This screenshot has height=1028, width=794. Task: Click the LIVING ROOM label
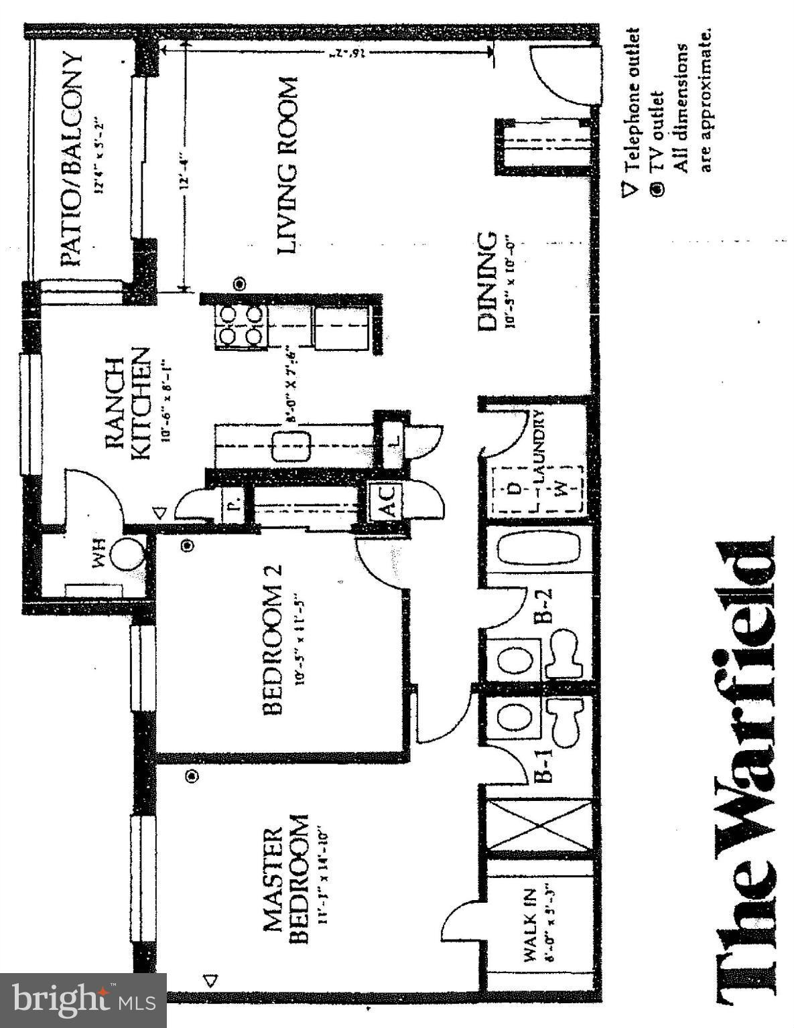(x=287, y=165)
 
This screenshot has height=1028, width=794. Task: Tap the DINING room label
(x=488, y=281)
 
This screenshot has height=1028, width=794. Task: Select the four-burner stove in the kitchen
(x=240, y=325)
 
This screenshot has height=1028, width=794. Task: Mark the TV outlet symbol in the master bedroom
(x=193, y=776)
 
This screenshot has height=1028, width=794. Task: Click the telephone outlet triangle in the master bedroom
(x=212, y=980)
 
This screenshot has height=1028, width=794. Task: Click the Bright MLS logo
(x=83, y=1001)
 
